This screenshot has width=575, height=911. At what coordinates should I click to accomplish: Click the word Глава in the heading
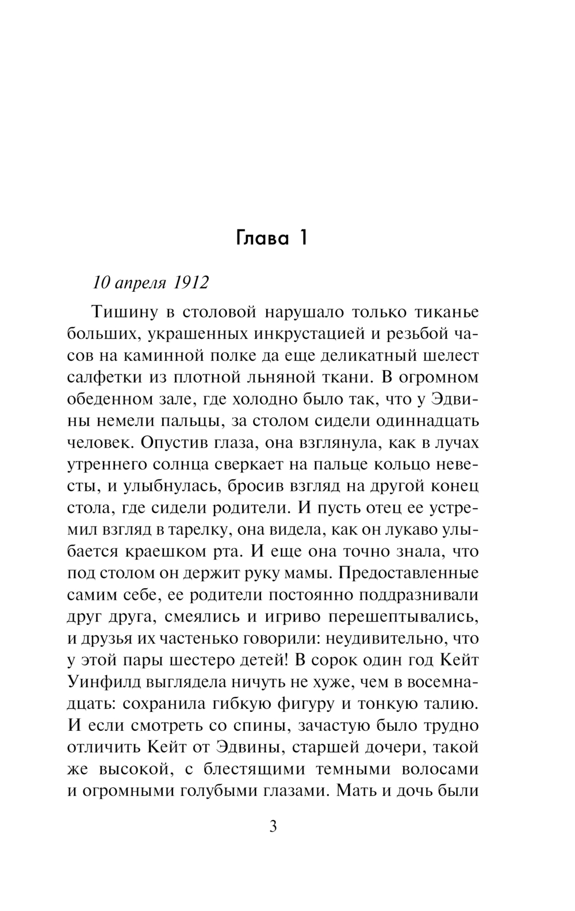262,238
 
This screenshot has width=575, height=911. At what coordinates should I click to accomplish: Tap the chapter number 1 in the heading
302,238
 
